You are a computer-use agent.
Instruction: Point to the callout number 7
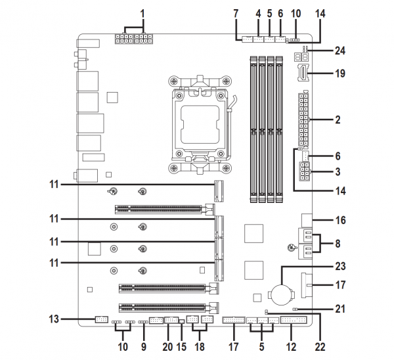pos(236,13)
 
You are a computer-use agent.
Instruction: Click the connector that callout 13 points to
pos(100,320)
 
